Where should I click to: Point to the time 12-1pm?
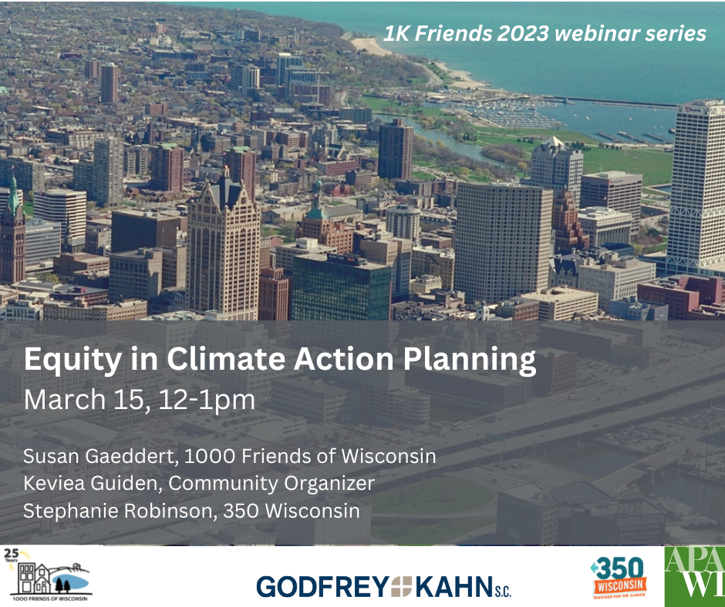coord(207,401)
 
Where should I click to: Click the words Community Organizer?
coord(271,484)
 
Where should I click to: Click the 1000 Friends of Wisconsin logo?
coord(49,574)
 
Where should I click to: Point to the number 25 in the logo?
coord(11,553)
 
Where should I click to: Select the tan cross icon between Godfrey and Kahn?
coord(402,587)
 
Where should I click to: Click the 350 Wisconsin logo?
coord(619,578)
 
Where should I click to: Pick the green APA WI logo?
coord(694,575)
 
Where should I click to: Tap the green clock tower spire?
coord(13,194)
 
